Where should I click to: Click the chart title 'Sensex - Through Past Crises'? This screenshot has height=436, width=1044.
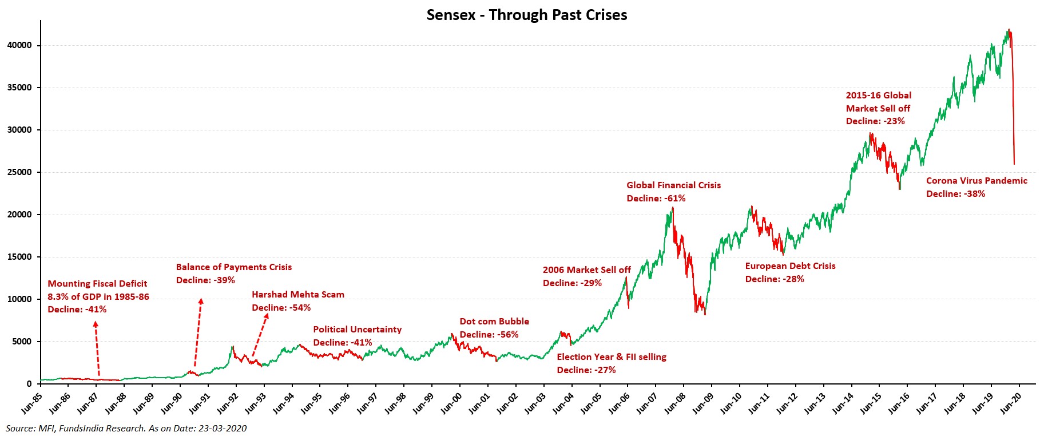[526, 15]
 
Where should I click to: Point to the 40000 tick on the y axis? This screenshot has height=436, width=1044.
[19, 45]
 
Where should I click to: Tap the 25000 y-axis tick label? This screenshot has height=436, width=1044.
[19, 172]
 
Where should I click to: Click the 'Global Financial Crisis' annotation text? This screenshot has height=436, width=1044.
[673, 185]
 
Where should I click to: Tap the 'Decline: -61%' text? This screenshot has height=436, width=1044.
[656, 199]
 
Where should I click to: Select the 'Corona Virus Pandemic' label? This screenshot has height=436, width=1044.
[976, 181]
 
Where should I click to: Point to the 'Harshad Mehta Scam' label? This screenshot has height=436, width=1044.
[298, 295]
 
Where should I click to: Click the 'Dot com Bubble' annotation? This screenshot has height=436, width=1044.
[494, 322]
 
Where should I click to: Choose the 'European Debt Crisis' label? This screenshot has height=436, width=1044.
[790, 266]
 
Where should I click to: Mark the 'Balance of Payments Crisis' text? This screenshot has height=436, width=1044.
[233, 267]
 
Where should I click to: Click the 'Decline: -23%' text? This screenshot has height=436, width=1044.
[875, 121]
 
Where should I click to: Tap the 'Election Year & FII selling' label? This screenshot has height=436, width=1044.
[612, 357]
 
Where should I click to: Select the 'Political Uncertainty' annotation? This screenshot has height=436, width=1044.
[357, 330]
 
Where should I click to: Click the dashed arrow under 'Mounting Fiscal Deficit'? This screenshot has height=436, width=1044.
[97, 349]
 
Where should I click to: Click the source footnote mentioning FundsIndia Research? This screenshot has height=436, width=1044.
[126, 428]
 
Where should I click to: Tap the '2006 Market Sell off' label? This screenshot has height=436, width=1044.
[586, 270]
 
